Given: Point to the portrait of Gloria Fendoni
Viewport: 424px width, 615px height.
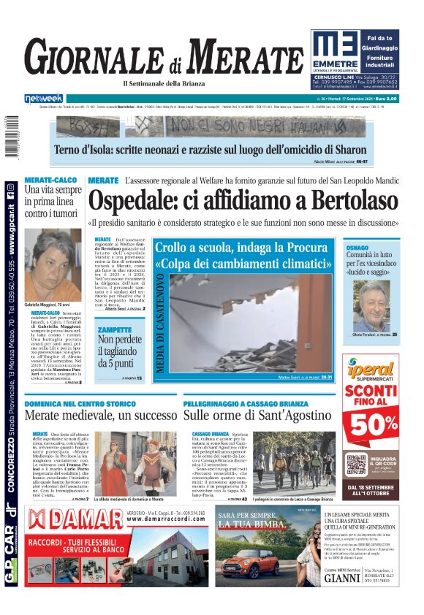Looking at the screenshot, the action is (382, 306).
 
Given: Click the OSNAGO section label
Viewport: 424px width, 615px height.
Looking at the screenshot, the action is (378, 248).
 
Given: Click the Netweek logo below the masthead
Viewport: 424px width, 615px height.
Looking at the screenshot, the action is (43, 99).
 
